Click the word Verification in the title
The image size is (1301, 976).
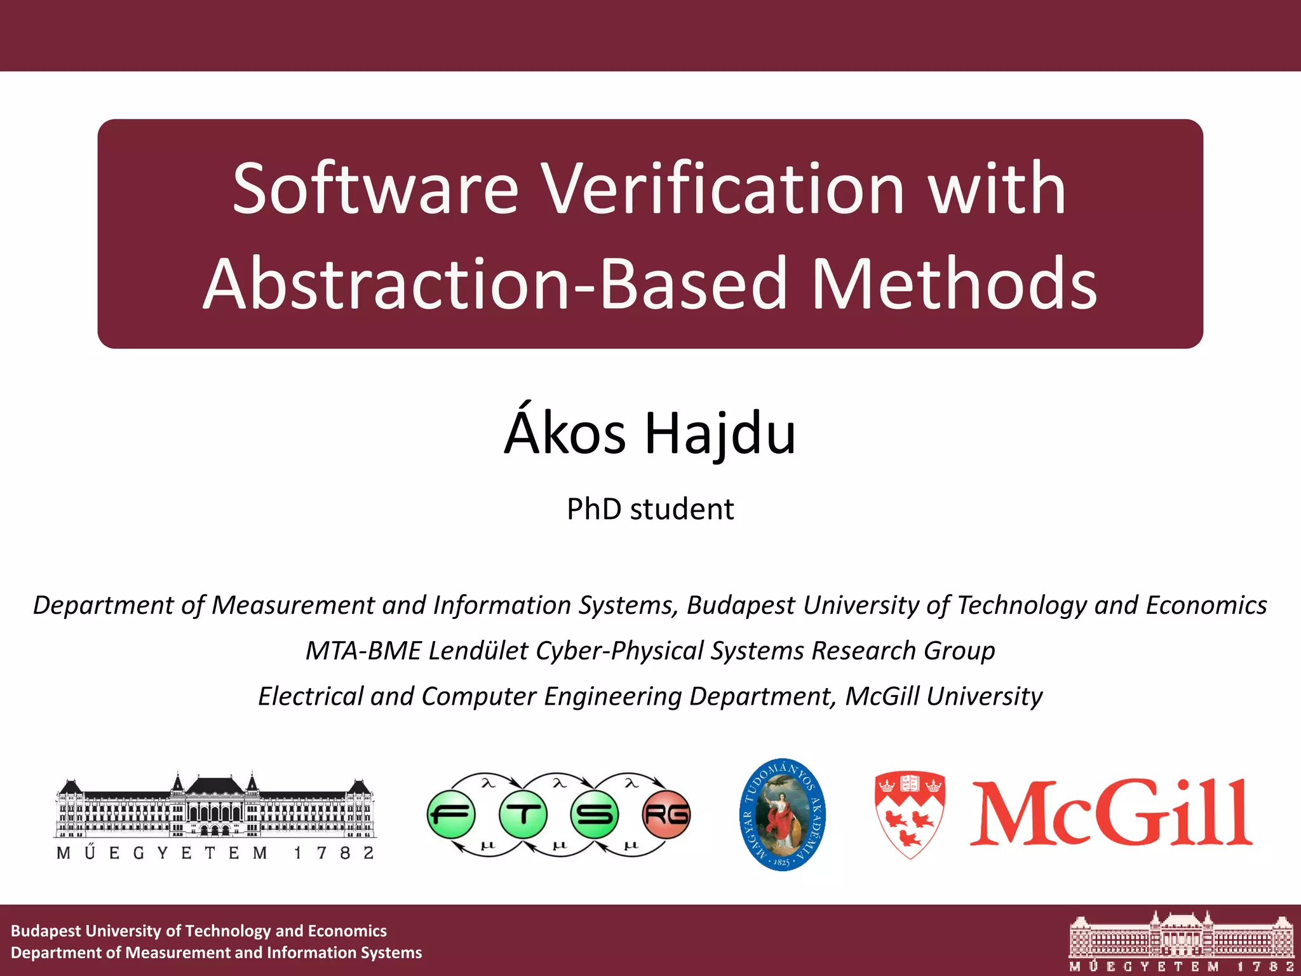722,189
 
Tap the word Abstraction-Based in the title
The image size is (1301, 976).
495,284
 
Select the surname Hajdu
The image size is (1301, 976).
720,434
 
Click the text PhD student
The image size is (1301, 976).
650,509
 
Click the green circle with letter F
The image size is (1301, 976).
451,815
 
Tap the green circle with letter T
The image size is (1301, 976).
523,815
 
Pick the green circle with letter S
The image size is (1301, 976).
595,815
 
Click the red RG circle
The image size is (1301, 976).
666,815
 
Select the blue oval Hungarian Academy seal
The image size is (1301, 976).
783,815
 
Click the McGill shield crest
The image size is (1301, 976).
910,815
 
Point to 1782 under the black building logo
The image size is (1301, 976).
334,853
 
